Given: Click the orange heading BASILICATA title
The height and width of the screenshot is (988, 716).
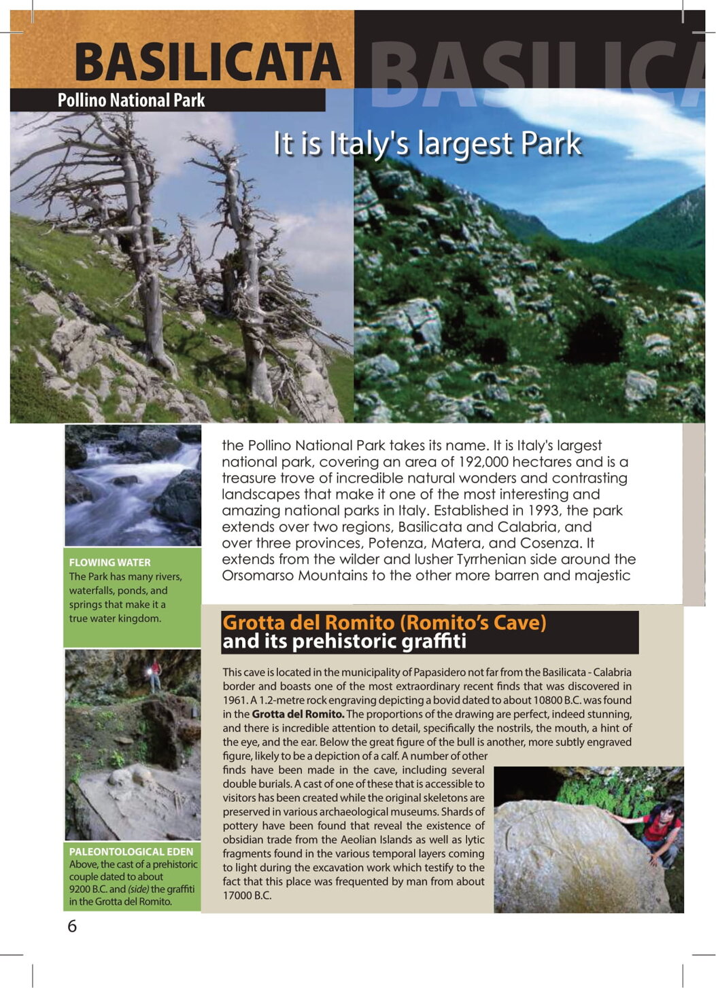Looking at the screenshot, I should [207, 62].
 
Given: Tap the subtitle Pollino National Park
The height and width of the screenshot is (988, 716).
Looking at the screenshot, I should [131, 101].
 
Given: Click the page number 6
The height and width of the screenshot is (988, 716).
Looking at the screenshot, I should [72, 926].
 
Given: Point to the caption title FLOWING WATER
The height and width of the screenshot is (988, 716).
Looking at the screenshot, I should [109, 563].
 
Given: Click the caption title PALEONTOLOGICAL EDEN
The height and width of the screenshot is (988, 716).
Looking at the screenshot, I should [131, 851].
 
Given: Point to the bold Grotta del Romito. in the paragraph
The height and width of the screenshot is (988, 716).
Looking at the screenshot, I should [298, 714].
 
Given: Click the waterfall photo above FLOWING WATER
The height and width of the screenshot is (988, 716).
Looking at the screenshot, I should [133, 485].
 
